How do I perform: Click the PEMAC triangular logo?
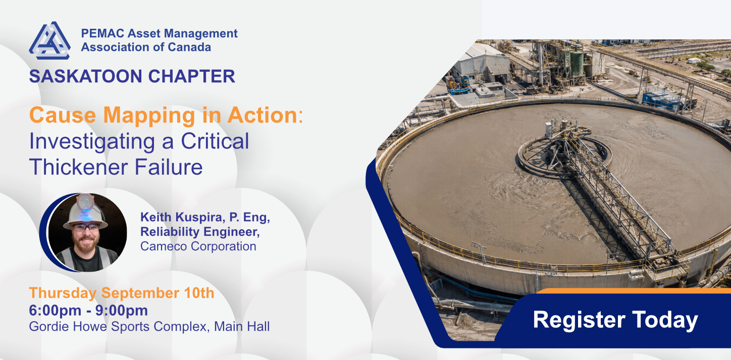tap(49, 40)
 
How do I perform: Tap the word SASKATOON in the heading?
tap(86, 76)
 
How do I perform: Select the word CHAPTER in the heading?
tap(191, 76)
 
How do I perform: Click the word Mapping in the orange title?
tap(149, 116)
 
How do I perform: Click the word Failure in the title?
tap(169, 167)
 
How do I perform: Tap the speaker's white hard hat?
tap(85, 212)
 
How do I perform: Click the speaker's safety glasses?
tap(85, 228)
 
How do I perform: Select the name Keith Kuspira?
tap(182, 217)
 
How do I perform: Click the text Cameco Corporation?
tap(198, 246)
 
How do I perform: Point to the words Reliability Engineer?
tap(200, 232)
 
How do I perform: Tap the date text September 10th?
tap(158, 293)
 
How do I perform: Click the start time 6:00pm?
tap(55, 311)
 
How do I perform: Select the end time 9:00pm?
tap(121, 311)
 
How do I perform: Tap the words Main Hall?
tap(242, 327)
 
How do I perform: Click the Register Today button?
tap(615, 320)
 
